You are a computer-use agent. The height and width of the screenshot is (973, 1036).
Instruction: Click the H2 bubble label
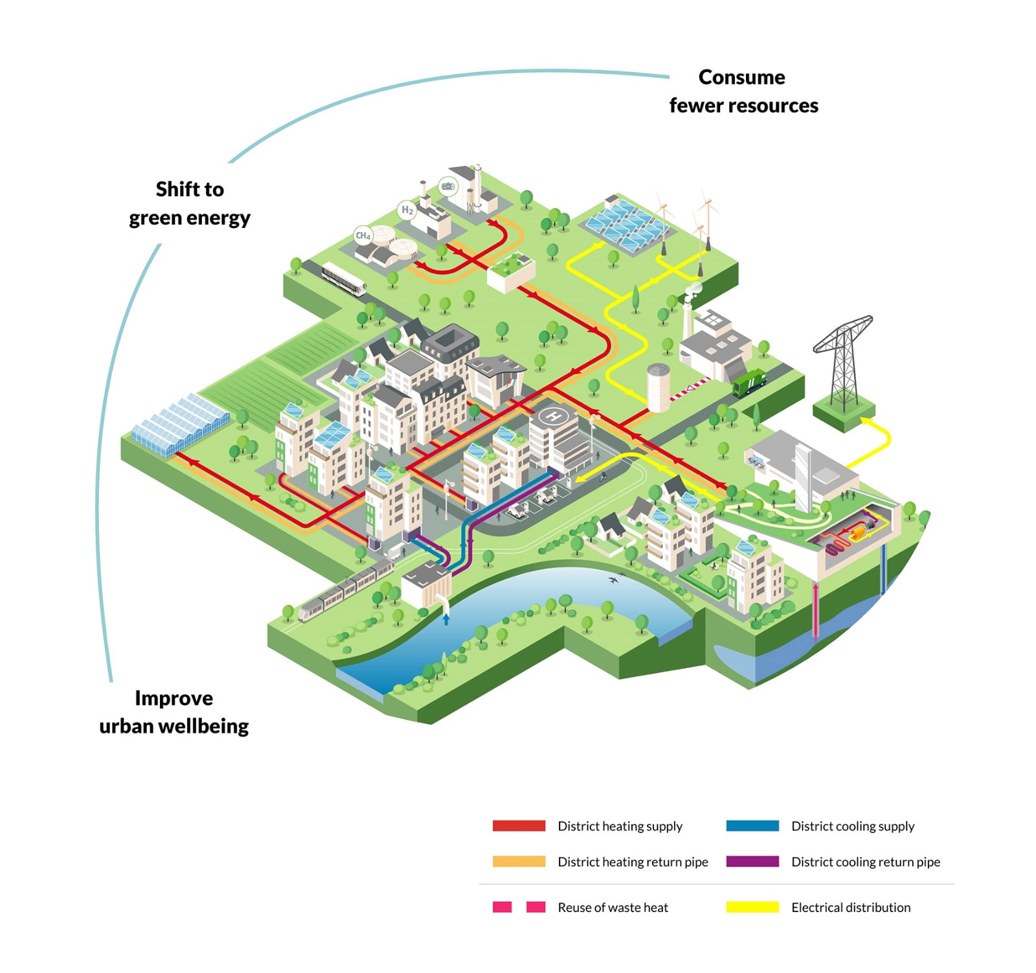tap(407, 210)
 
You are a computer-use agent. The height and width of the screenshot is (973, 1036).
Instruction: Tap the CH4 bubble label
tap(363, 236)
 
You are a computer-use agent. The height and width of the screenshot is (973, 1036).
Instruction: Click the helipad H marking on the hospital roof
tap(552, 416)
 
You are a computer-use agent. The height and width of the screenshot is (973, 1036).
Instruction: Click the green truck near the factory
tap(749, 382)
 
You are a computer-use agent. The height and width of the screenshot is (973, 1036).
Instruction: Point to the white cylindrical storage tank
tap(658, 387)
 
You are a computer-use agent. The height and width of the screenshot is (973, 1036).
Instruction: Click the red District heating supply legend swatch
tap(519, 826)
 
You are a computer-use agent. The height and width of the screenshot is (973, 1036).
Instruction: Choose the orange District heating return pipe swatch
tap(519, 862)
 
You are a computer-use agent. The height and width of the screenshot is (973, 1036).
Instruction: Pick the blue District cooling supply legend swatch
tap(752, 826)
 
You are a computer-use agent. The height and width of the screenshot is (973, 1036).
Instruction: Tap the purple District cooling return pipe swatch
tap(752, 862)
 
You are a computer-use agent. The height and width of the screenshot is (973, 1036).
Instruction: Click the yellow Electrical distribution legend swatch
tap(752, 907)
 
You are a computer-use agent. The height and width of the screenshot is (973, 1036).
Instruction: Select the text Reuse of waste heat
tap(613, 907)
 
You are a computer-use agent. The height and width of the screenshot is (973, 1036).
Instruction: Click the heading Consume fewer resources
tap(743, 91)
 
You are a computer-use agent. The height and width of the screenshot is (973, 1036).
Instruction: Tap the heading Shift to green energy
tap(190, 203)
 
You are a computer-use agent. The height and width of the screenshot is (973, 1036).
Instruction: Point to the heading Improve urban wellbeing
tap(174, 712)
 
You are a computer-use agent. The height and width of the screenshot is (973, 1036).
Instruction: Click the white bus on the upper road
tap(343, 279)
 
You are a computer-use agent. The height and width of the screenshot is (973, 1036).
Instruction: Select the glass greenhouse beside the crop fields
tap(181, 424)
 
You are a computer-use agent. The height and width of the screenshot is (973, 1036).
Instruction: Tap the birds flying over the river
tap(616, 577)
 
